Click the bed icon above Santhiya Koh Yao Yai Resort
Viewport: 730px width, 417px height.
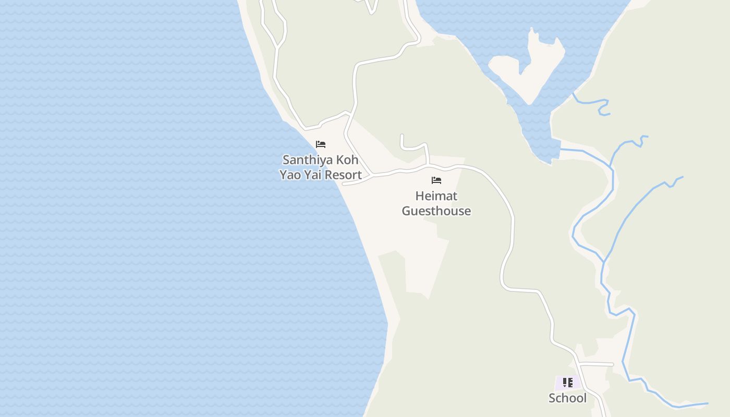(321, 144)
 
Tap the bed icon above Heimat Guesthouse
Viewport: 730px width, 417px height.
(436, 180)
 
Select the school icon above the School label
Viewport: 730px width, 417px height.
(568, 383)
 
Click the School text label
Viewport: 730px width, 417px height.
(567, 398)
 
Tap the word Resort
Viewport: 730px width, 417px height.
(342, 175)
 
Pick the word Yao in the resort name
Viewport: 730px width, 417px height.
(290, 175)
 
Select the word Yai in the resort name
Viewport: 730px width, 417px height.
(311, 175)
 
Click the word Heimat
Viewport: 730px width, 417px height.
(436, 196)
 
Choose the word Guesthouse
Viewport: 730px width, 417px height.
(436, 211)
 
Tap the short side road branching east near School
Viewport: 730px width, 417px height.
(597, 363)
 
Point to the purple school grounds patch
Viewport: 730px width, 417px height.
(561, 383)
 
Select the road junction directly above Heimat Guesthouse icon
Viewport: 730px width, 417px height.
(428, 165)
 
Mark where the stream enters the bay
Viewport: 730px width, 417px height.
(561, 150)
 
